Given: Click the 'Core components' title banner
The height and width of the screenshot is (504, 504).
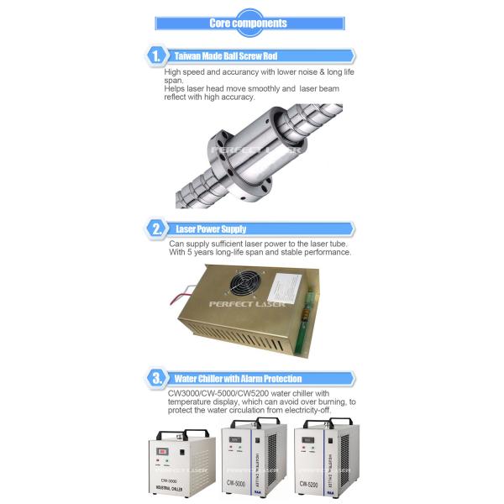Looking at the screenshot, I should pos(251,23).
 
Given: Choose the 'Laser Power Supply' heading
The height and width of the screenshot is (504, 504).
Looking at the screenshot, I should pos(213,228).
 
